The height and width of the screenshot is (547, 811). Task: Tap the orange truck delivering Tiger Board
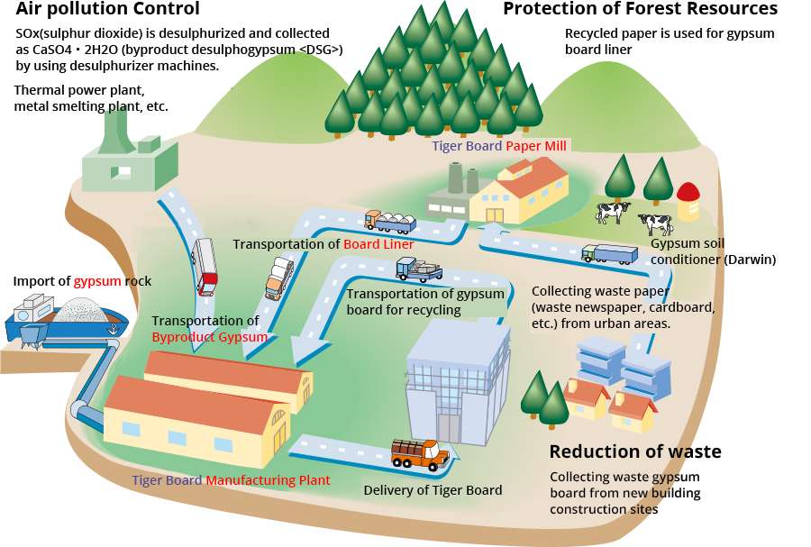[420, 453]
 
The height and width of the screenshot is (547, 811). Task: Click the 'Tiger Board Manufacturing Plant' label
[231, 480]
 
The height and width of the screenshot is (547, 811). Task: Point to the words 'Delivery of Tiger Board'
[433, 490]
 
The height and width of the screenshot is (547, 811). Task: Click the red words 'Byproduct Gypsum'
[210, 337]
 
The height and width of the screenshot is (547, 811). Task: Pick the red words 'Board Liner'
[378, 244]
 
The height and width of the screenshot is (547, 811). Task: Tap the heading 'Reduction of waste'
[635, 451]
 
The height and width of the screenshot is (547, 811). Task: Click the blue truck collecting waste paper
[608, 254]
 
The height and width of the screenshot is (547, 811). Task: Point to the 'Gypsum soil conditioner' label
[687, 251]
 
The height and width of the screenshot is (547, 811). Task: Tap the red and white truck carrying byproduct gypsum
[205, 266]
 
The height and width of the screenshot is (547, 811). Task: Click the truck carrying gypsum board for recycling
[418, 269]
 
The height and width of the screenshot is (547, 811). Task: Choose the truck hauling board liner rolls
[389, 222]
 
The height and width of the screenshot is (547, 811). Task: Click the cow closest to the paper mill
[613, 213]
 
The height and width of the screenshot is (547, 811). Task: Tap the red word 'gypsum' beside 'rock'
[97, 281]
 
